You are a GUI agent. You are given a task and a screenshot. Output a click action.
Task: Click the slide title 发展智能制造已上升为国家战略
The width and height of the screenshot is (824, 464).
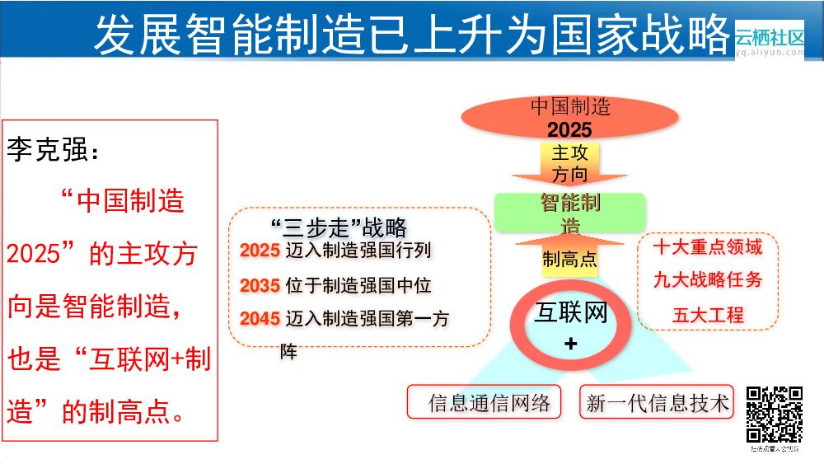412,34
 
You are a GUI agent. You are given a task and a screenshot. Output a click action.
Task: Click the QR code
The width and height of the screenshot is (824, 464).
775,415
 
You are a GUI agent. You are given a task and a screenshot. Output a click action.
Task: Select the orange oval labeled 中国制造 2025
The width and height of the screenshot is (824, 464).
570,117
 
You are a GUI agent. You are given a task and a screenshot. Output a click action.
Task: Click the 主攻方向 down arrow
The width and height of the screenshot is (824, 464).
569,165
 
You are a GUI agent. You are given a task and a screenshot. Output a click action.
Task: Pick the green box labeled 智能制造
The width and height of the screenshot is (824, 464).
569,213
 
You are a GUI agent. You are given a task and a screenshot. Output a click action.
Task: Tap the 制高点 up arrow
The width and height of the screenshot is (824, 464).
569,255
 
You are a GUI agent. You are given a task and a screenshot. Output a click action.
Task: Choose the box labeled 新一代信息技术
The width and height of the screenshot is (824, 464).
658,403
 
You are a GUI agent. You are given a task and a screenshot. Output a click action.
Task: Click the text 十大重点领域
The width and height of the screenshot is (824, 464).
708,247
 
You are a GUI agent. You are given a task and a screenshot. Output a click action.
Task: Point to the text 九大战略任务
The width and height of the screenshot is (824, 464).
708,280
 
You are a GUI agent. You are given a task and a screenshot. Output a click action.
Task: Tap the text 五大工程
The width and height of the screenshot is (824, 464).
708,314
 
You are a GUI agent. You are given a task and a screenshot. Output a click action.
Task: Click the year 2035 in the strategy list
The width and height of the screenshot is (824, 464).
260,286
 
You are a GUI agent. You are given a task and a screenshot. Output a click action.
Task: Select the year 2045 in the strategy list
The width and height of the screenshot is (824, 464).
260,319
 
